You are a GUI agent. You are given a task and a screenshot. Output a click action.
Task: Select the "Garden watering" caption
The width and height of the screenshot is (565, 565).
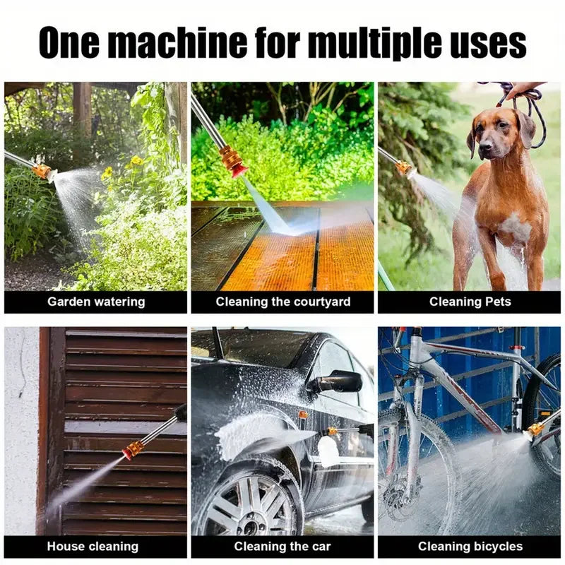tap(96, 302)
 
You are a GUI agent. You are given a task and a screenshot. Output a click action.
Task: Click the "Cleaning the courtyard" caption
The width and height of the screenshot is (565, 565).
tap(282, 302)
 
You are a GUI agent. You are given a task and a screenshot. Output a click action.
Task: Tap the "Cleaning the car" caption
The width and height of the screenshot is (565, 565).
tap(282, 546)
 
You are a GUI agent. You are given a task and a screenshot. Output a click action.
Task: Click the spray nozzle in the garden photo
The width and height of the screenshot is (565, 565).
tap(44, 171)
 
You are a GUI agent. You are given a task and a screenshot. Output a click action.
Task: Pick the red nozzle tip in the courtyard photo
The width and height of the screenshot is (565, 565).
tap(234, 167)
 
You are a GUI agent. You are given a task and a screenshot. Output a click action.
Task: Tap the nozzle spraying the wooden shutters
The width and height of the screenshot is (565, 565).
tap(133, 449)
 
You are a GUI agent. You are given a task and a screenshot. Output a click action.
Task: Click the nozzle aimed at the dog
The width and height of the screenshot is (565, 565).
tap(404, 167)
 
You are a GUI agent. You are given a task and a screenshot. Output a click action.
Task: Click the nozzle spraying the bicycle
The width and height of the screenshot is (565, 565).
tap(535, 429)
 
